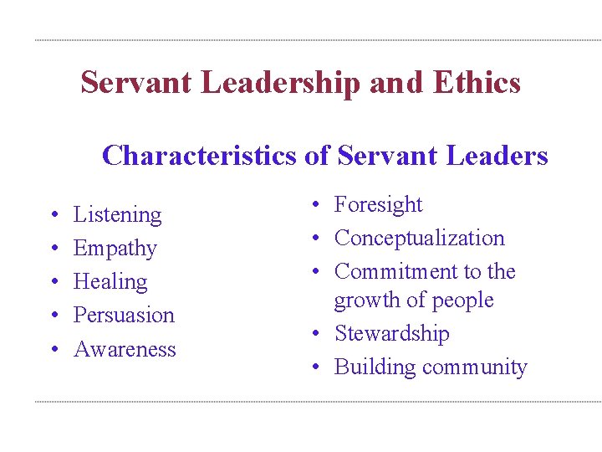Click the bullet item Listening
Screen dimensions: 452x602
point(118,215)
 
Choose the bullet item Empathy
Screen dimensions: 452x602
point(115,249)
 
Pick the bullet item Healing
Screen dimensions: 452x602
point(110,282)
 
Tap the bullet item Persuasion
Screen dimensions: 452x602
point(124,316)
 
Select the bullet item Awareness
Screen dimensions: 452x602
point(125,349)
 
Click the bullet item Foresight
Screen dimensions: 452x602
point(379,205)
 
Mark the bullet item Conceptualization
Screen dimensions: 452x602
point(420,239)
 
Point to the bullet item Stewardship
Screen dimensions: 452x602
point(392,334)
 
